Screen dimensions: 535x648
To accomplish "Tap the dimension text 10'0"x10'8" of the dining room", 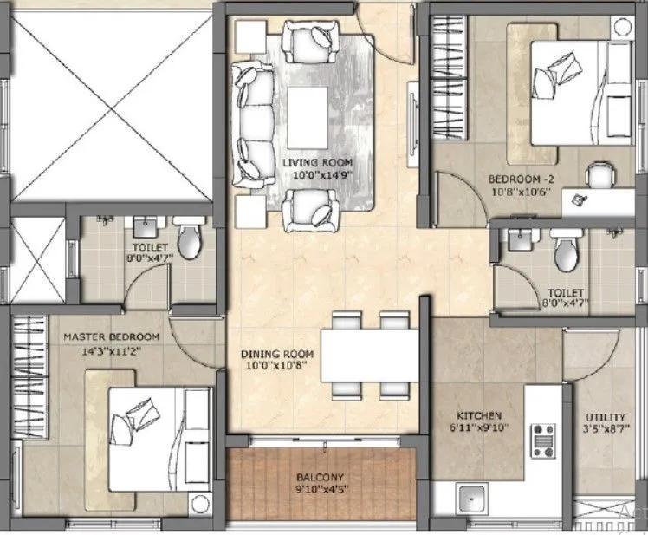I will point(277,368).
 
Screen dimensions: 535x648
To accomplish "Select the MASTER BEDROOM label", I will point(111,336).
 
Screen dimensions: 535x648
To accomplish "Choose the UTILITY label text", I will point(605,417).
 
